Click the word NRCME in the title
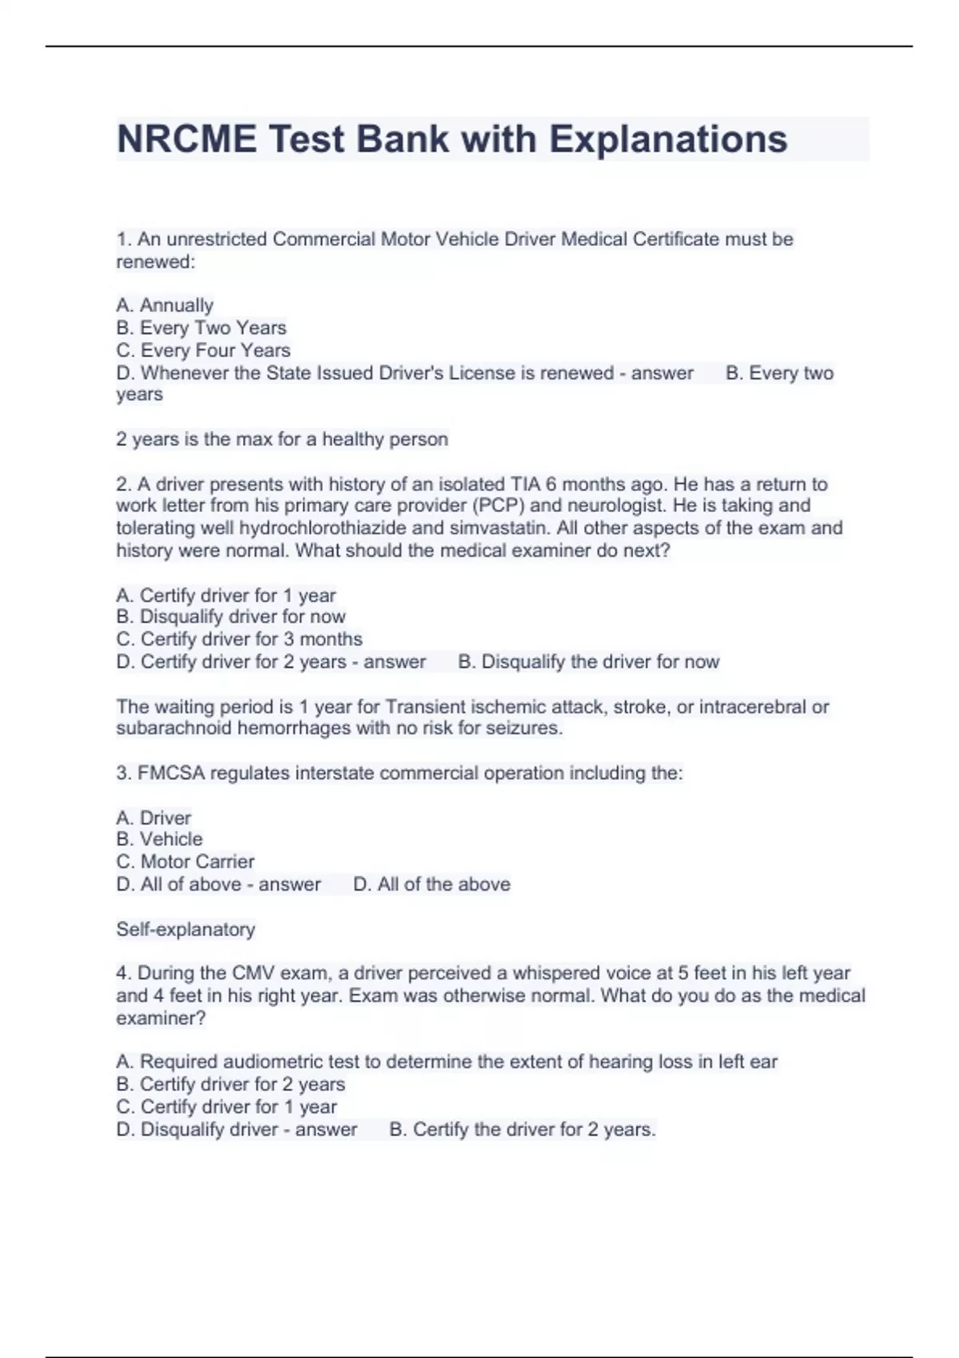[187, 139]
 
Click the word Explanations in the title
[667, 139]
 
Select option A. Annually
[165, 305]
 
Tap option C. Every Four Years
[203, 350]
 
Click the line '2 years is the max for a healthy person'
[282, 439]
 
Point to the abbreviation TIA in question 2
[526, 484]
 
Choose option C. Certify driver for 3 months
[239, 639]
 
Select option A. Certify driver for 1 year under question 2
[225, 595]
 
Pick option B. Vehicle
[159, 839]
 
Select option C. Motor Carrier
[185, 861]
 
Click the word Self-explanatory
[185, 929]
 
